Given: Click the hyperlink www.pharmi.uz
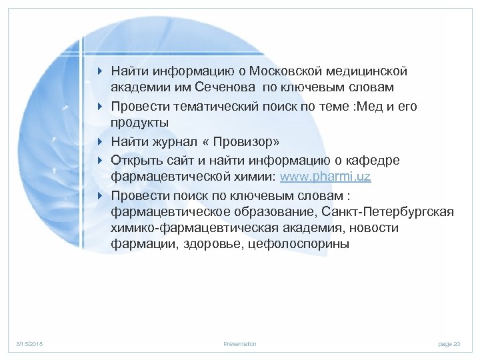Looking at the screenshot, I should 325,177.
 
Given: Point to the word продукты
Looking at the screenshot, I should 140,124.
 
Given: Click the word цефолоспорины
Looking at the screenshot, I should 297,245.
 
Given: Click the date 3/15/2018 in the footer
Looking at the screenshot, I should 29,344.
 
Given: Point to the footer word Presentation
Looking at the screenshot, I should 240,344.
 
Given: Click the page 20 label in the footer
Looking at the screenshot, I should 449,344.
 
